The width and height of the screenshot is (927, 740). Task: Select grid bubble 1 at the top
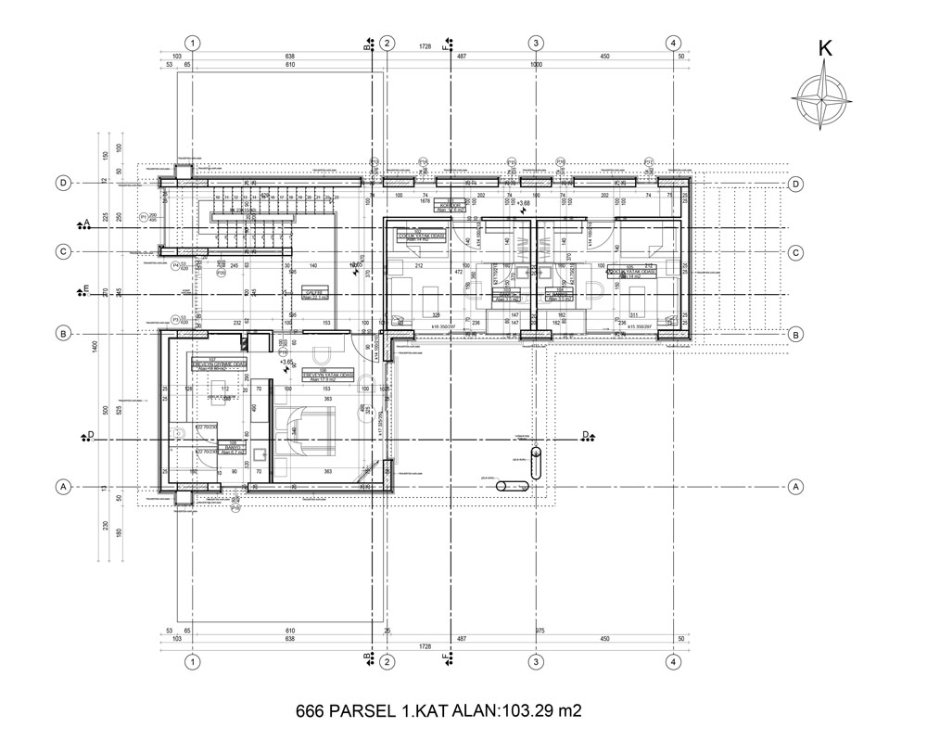[x=192, y=43]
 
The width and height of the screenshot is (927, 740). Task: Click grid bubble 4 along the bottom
[x=674, y=662]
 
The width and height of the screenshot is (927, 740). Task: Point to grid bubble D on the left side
[x=63, y=183]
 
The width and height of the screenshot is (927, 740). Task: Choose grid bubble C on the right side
[x=795, y=252]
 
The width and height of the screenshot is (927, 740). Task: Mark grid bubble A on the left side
[x=63, y=486]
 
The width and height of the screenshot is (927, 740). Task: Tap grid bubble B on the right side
[x=795, y=334]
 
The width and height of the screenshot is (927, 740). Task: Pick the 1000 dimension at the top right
[x=536, y=66]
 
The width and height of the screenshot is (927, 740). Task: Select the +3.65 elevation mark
[x=287, y=363]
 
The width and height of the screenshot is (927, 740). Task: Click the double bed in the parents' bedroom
[x=314, y=431]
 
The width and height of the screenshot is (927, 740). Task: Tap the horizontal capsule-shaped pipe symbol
[x=512, y=486]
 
